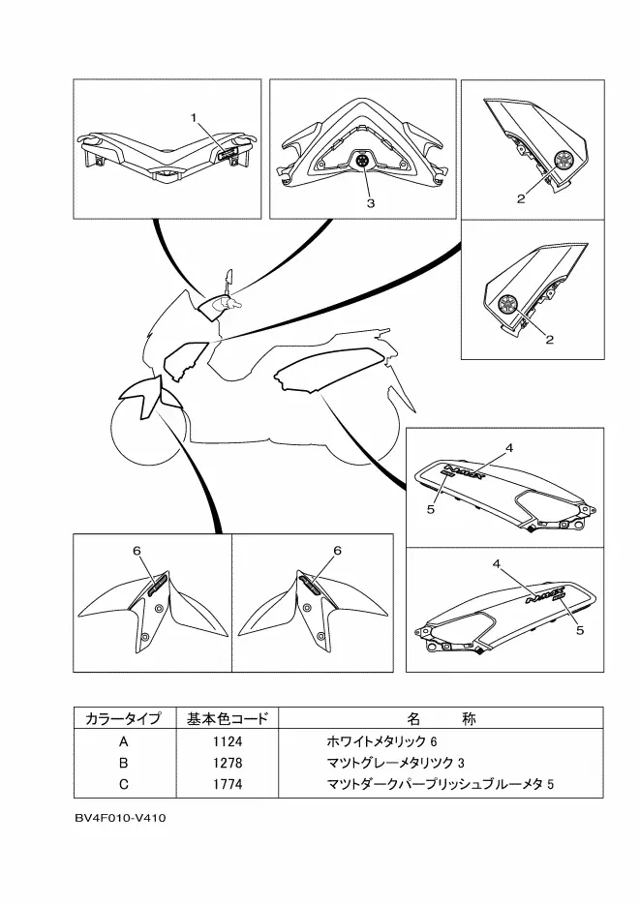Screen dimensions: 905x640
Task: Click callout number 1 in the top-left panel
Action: tap(194, 118)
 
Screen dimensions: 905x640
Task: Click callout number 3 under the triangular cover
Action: tap(370, 204)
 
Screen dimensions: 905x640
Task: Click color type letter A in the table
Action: tap(123, 741)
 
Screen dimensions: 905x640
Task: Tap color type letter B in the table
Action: tap(123, 762)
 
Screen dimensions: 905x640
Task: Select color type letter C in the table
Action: tap(123, 782)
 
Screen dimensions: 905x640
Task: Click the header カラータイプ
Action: tap(123, 719)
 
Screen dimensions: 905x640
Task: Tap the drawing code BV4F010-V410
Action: tap(120, 818)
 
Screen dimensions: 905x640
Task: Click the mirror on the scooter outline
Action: tap(229, 281)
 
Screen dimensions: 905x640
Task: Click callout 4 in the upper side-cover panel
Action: tap(508, 448)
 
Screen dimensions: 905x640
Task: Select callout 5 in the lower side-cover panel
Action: tap(580, 630)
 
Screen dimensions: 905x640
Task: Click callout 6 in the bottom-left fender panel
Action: tap(137, 551)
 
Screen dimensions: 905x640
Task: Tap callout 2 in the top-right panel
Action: tap(521, 199)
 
